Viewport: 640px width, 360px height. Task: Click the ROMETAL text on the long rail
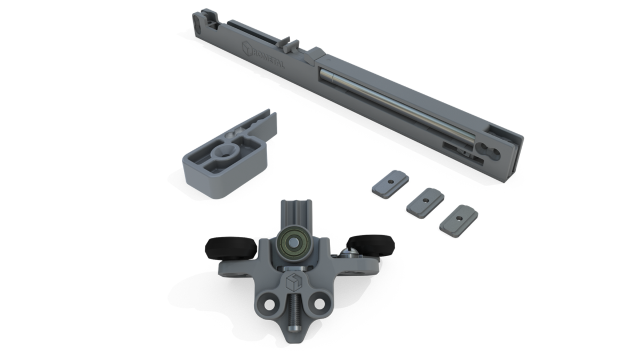click(x=269, y=59)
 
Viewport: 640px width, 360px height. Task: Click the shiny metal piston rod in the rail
click(x=398, y=105)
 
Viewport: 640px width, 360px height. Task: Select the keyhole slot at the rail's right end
click(x=489, y=150)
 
